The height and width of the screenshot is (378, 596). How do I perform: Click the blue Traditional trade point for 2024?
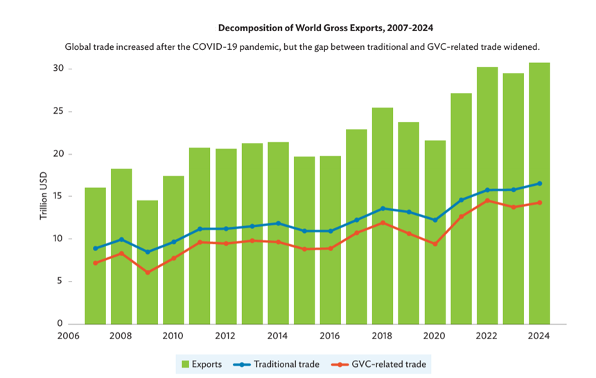pos(539,183)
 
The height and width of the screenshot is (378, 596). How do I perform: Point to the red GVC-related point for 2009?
pos(147,273)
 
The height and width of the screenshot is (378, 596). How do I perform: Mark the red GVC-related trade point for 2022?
pos(487,200)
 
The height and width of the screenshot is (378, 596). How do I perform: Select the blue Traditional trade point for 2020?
pos(435,220)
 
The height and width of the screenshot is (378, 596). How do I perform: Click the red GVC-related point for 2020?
pos(435,244)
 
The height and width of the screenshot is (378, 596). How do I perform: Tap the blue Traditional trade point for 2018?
pos(382,208)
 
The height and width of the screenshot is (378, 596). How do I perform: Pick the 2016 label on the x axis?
pos(330,335)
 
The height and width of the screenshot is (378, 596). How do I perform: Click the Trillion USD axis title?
pos(43,196)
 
